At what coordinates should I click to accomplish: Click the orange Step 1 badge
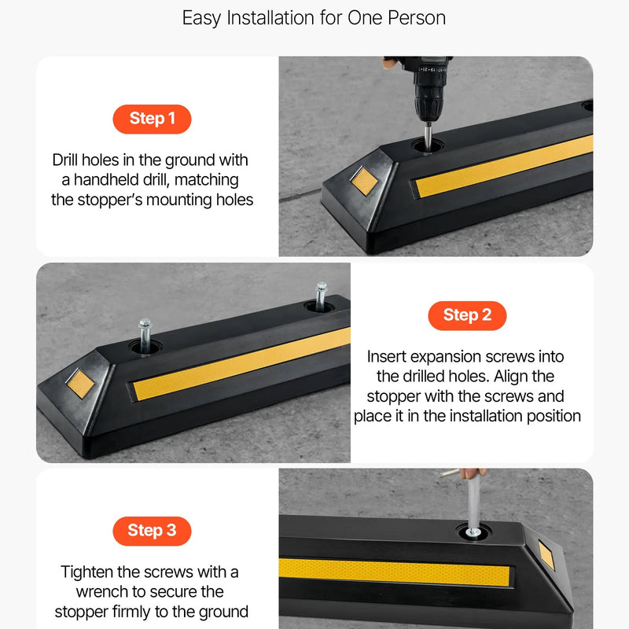(152, 120)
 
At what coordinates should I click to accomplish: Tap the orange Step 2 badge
(467, 316)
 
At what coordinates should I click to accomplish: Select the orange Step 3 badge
(152, 532)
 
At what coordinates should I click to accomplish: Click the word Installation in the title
(270, 18)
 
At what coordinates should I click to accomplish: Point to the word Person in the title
(417, 18)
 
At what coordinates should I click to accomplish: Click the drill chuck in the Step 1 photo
(429, 102)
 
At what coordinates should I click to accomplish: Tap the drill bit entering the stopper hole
(428, 136)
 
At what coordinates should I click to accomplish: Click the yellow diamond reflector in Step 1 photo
(364, 181)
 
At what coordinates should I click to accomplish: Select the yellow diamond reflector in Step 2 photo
(80, 384)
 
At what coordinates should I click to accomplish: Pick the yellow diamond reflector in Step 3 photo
(546, 555)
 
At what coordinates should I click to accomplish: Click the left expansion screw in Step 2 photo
(145, 336)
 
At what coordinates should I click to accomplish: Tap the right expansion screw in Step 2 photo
(321, 296)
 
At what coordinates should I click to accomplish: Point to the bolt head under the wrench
(473, 533)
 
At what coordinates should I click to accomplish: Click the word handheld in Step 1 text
(106, 180)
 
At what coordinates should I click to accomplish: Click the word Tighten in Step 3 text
(86, 572)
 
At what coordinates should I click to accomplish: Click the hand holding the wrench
(474, 473)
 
